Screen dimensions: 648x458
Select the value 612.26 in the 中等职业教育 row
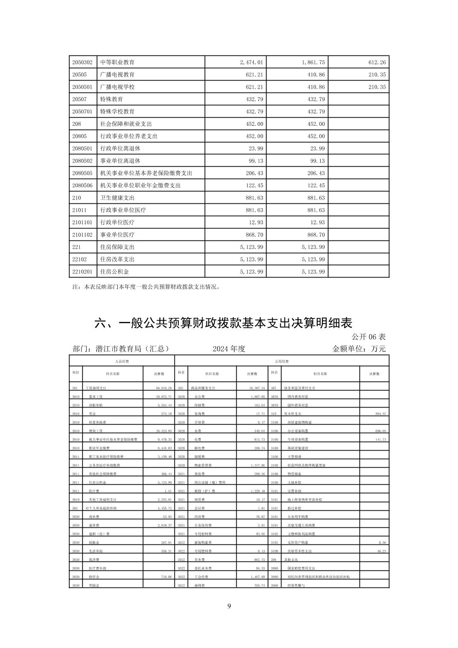pos(377,62)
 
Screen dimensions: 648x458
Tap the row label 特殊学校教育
pos(117,112)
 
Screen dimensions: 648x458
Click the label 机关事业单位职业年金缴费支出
pos(140,185)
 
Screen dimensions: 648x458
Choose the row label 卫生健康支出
pos(117,198)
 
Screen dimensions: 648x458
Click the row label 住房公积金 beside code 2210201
pos(114,272)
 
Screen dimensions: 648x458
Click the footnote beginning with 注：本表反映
pos(147,287)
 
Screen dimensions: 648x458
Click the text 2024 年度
pos(229,349)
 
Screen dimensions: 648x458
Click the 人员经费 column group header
pos(122,361)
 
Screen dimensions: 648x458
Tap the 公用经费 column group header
pos(282,361)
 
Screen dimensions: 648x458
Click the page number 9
pos(229,606)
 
